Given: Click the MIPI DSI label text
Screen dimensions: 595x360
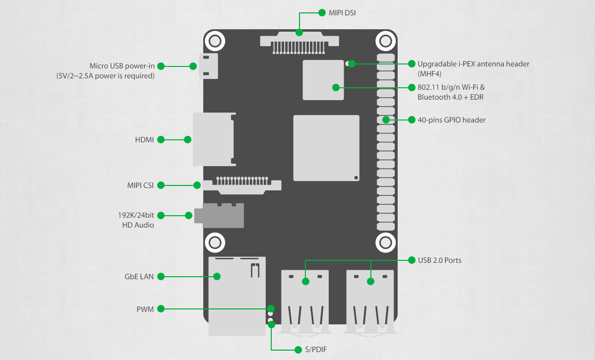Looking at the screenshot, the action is click(342, 13).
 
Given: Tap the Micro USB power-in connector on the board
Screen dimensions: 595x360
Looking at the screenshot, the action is click(209, 66).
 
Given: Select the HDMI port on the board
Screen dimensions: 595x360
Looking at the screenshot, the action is click(214, 139).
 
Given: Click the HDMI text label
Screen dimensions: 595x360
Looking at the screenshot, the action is click(144, 140).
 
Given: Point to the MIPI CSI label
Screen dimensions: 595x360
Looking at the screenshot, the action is click(140, 185).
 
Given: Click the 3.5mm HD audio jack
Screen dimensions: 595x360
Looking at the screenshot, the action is click(219, 216).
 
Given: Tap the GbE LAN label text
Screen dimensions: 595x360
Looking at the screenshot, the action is click(139, 277).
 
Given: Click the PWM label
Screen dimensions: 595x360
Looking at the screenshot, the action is click(145, 309).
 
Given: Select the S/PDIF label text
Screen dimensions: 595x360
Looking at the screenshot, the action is click(316, 350).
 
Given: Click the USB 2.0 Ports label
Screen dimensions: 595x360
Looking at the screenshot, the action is click(440, 260).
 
